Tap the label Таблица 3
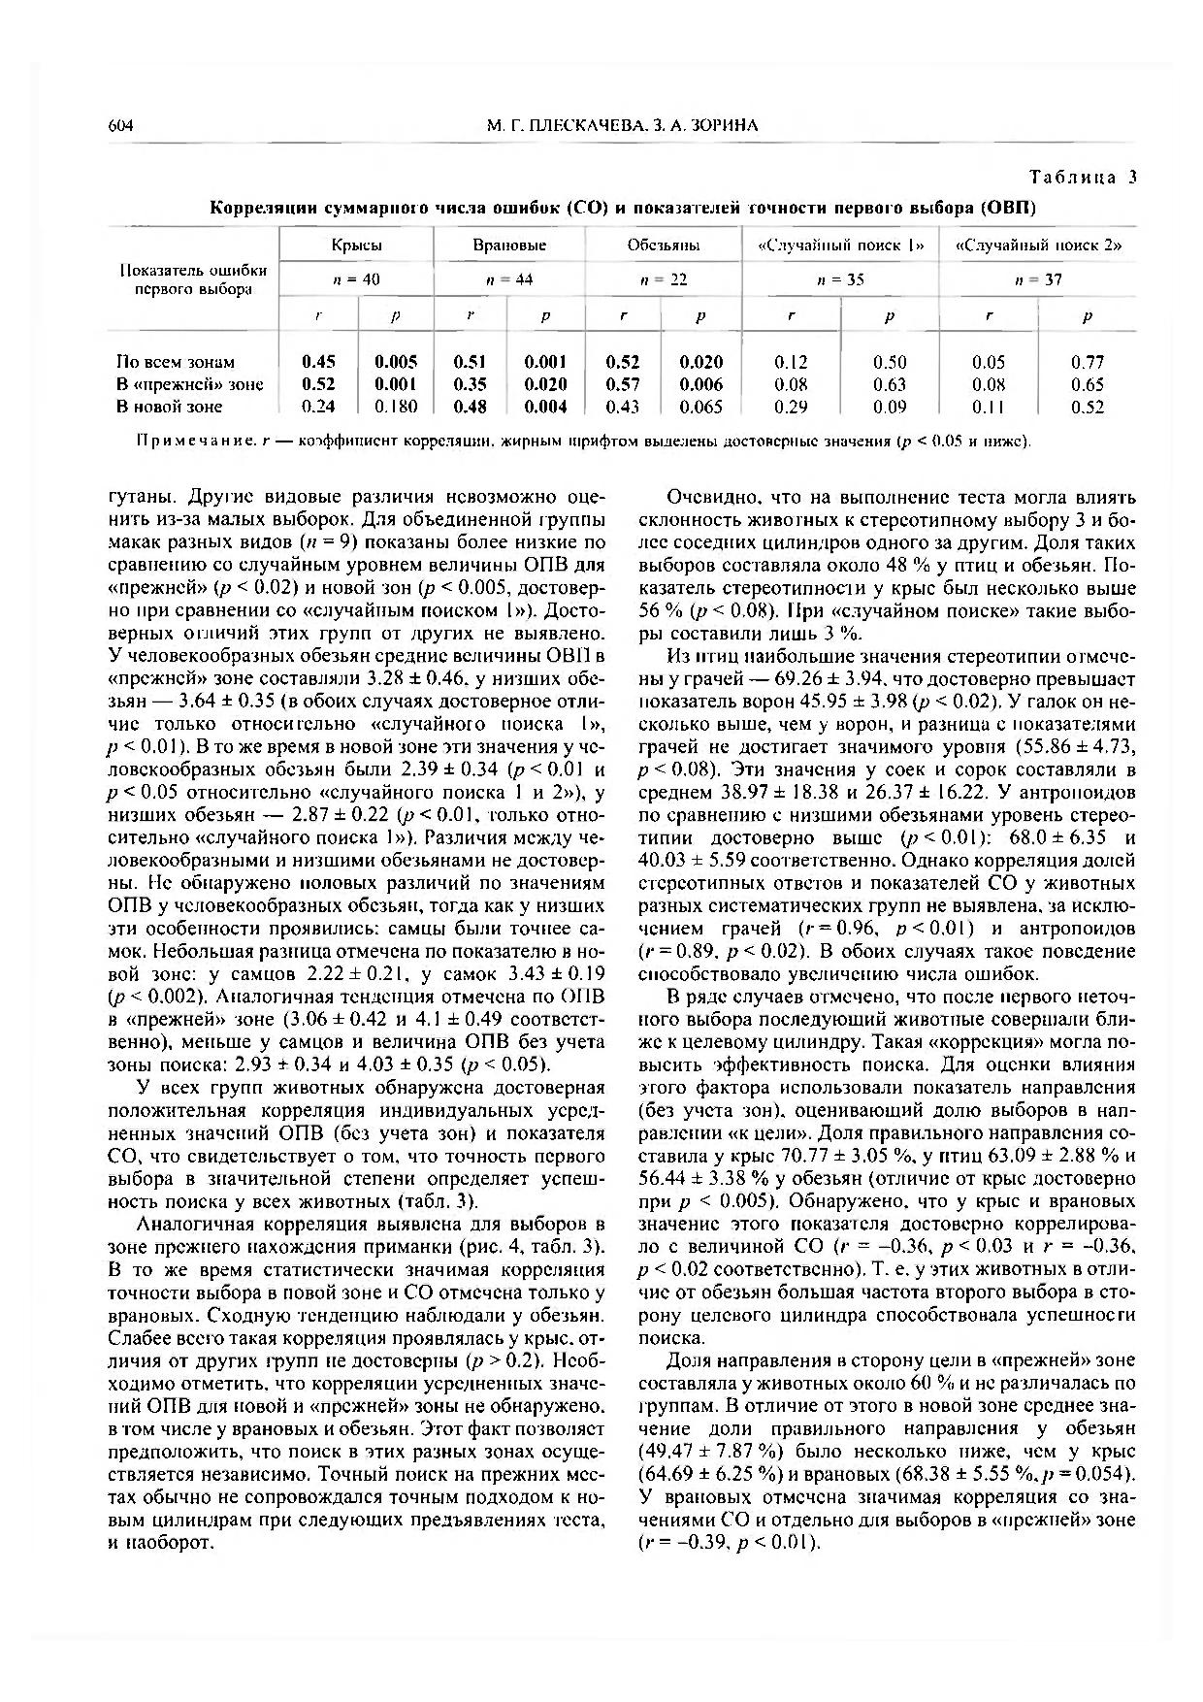[x=1082, y=177]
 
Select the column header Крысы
[x=356, y=245]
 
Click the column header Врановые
[x=509, y=245]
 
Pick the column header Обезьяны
[x=664, y=245]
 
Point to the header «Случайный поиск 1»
[x=840, y=245]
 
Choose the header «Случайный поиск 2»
[x=1039, y=245]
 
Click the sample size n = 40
[x=356, y=279]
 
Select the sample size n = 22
[x=664, y=279]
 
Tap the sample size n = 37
[x=1038, y=279]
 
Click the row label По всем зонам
[x=176, y=362]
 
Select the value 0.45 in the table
[x=319, y=362]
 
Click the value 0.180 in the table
[x=396, y=407]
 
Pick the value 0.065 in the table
[x=700, y=407]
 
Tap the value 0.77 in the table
[x=1088, y=362]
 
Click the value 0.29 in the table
[x=792, y=407]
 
